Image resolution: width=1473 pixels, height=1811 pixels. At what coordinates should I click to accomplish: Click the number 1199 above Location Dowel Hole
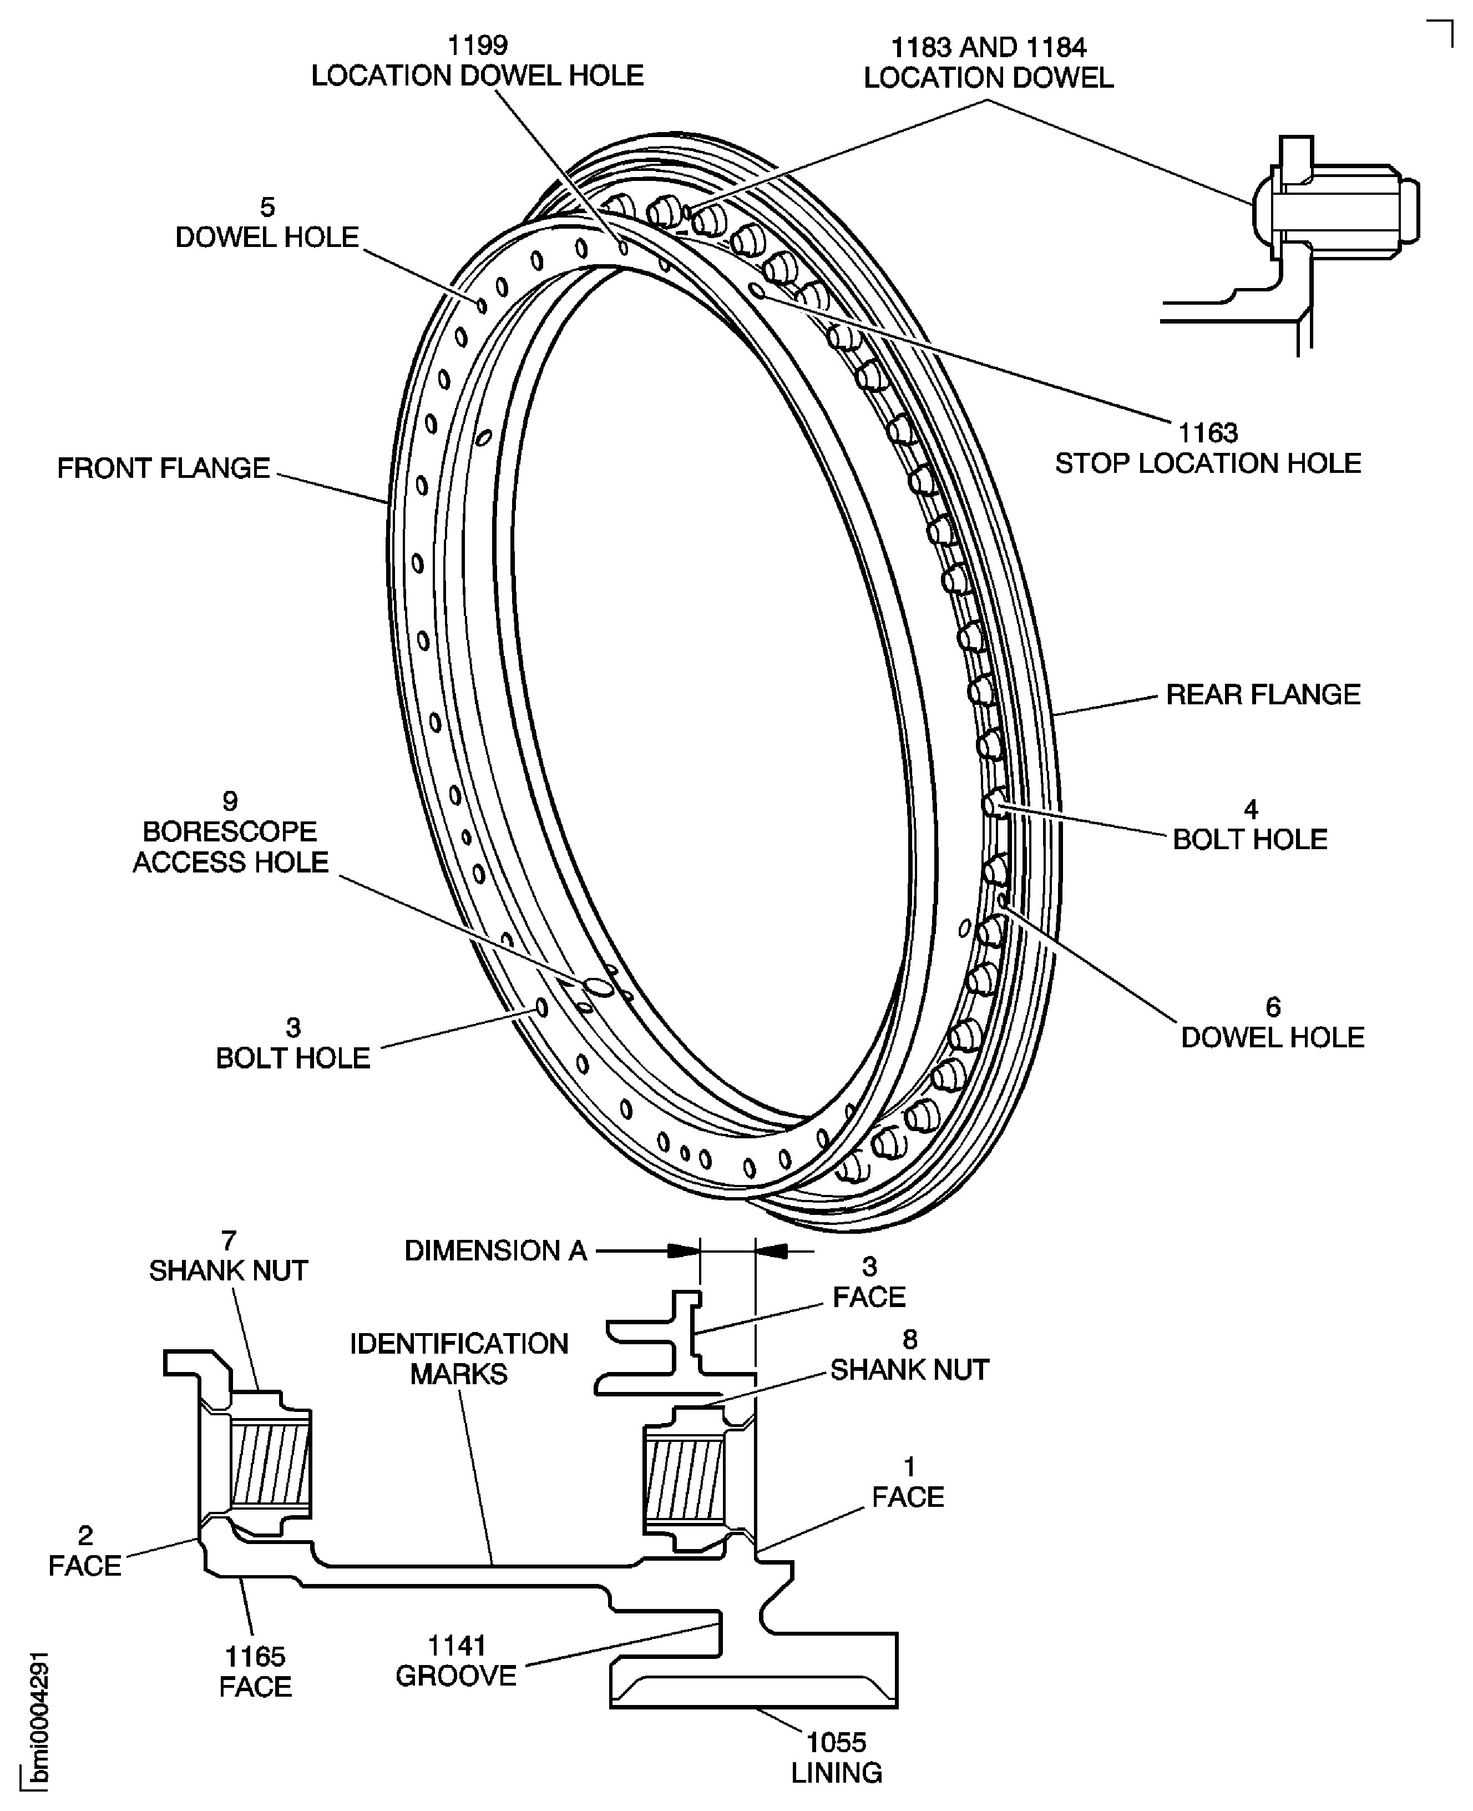point(477,45)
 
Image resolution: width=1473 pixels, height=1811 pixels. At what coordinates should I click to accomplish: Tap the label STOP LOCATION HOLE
point(1207,463)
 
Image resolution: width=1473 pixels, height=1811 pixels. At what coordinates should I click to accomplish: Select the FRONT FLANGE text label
point(163,468)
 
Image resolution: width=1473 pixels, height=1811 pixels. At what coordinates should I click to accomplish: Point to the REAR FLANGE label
point(1263,694)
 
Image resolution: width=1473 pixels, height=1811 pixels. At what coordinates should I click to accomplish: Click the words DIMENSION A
point(495,1250)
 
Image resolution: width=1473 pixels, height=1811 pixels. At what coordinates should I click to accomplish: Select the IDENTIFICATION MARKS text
point(459,1358)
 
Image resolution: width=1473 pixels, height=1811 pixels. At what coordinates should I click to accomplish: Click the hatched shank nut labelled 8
point(684,1481)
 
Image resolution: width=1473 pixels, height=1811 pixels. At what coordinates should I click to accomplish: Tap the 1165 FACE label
point(255,1671)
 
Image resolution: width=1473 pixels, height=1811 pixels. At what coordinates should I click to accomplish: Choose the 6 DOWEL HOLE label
point(1272,1023)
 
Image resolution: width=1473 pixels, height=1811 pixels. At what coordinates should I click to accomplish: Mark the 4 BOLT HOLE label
point(1250,825)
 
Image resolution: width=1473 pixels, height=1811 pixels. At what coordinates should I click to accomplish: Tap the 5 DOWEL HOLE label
point(266,223)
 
